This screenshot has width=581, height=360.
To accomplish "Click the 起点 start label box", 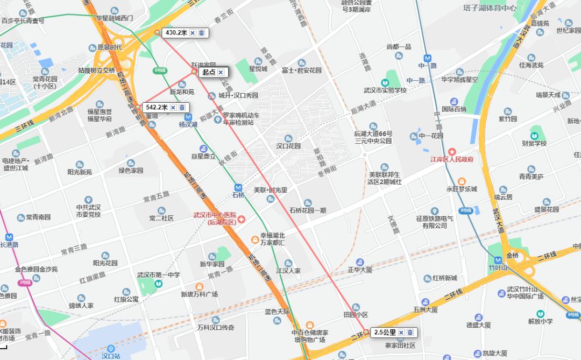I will [x=208, y=72].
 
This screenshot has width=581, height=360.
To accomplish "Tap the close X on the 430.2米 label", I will [x=193, y=33].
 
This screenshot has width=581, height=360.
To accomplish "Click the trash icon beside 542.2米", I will [x=182, y=107].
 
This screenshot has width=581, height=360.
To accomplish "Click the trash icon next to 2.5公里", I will [x=410, y=332].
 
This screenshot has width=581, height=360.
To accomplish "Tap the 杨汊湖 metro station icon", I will [x=188, y=117].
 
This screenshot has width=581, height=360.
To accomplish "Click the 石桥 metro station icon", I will [x=238, y=187].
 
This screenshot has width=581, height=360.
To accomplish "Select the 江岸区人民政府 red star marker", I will [x=451, y=152].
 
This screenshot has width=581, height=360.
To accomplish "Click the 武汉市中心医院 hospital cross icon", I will [x=242, y=219].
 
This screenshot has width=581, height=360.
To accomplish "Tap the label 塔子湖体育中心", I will [x=490, y=8].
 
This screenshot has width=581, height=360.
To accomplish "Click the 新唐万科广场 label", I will [x=199, y=294].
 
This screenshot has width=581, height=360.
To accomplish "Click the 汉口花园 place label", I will [x=288, y=145].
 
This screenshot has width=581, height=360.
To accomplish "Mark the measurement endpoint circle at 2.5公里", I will [x=366, y=332].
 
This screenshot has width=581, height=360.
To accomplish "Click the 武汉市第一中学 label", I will [x=158, y=275].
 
